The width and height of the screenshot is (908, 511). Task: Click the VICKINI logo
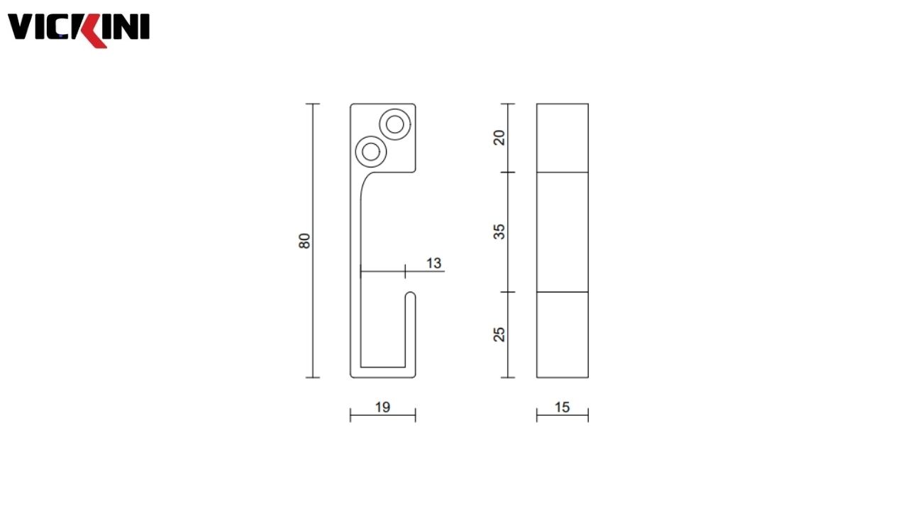pyautogui.click(x=78, y=28)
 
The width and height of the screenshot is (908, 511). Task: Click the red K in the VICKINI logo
pyautogui.click(x=93, y=29)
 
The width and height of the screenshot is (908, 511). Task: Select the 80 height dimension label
pyautogui.click(x=305, y=241)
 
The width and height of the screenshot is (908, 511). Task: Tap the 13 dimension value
pyautogui.click(x=433, y=263)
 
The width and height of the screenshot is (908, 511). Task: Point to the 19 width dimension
pyautogui.click(x=382, y=407)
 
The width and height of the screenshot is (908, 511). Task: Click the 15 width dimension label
pyautogui.click(x=562, y=407)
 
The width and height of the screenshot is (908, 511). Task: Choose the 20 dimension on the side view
pyautogui.click(x=500, y=138)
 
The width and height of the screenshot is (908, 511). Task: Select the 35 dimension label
pyautogui.click(x=500, y=231)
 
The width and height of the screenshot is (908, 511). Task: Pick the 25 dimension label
pyautogui.click(x=500, y=334)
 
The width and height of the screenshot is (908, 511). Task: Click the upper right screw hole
pyautogui.click(x=394, y=123)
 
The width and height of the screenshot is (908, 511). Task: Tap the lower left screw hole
pyautogui.click(x=370, y=150)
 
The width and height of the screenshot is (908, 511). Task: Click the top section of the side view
pyautogui.click(x=562, y=138)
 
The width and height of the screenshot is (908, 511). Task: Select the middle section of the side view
pyautogui.click(x=562, y=232)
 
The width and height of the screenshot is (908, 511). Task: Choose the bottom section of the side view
pyautogui.click(x=562, y=334)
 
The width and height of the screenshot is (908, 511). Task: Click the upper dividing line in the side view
pyautogui.click(x=562, y=172)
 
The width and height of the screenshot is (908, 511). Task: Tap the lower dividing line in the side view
pyautogui.click(x=562, y=292)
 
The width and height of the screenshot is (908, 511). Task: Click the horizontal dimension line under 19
pyautogui.click(x=382, y=416)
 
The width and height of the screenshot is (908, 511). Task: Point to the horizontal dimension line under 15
pyautogui.click(x=562, y=416)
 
